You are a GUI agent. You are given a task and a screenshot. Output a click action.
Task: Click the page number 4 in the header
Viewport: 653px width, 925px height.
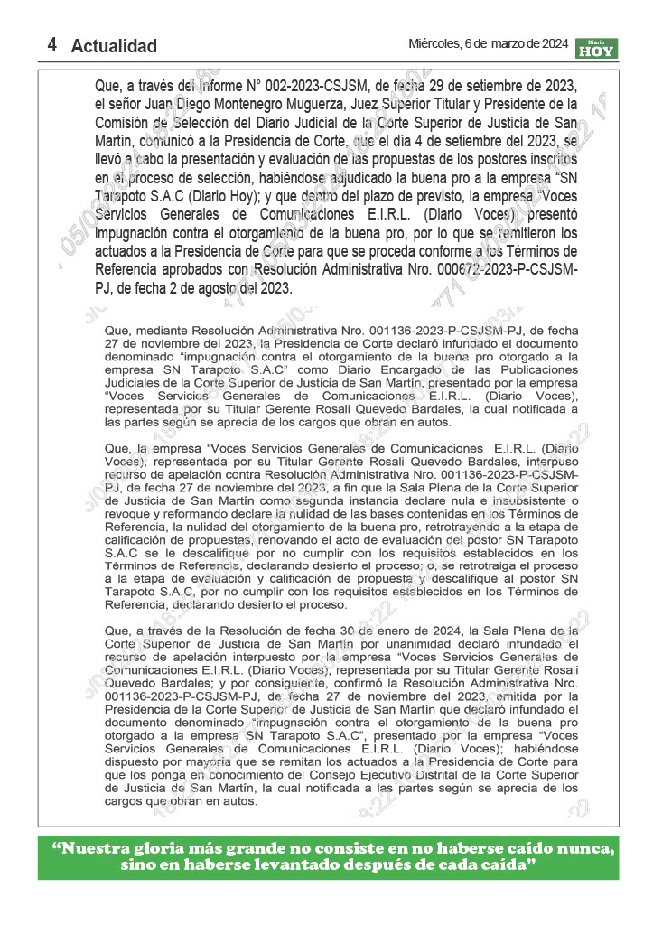click(53, 44)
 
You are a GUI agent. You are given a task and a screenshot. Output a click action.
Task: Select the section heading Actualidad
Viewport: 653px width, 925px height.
click(114, 46)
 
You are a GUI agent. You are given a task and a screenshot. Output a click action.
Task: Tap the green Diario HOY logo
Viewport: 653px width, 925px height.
click(596, 48)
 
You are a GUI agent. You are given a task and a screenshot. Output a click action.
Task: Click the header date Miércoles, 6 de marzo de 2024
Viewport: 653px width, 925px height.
click(488, 43)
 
